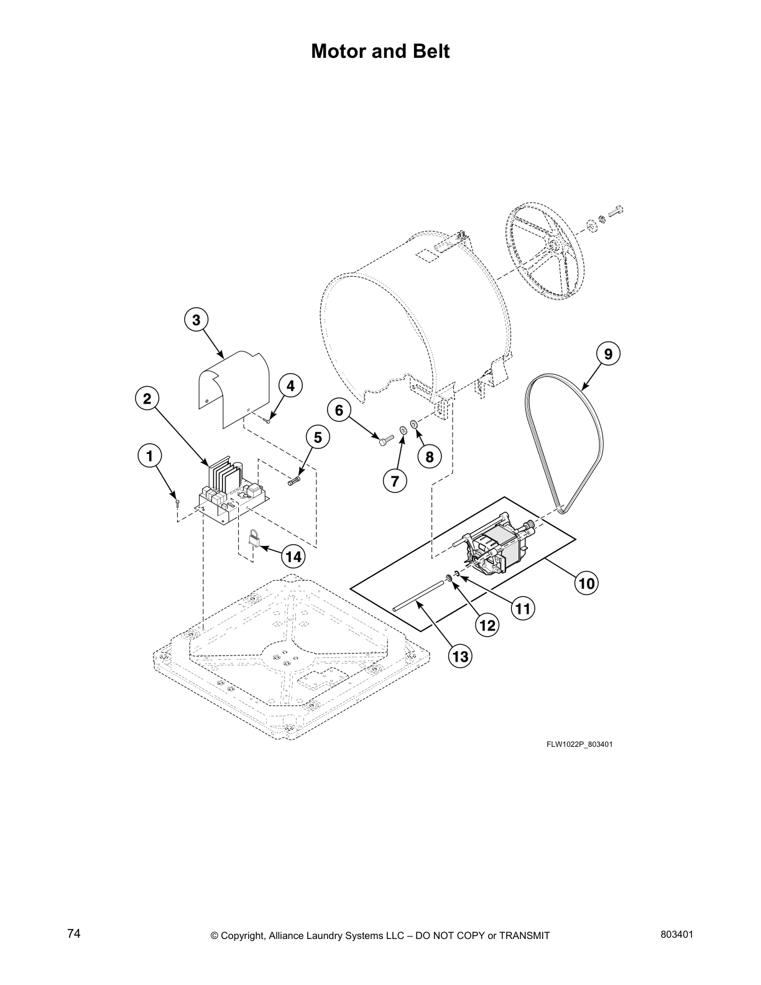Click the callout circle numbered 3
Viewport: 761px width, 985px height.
point(196,320)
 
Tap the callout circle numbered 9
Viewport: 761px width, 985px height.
point(608,354)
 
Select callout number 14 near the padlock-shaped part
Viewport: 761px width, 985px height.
point(292,557)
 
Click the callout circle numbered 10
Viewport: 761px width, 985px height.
point(587,583)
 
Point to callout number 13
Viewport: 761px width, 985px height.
point(461,655)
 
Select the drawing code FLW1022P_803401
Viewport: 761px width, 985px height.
point(580,744)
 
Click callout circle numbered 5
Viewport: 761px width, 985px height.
point(317,437)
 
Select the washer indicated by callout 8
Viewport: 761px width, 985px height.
point(414,425)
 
